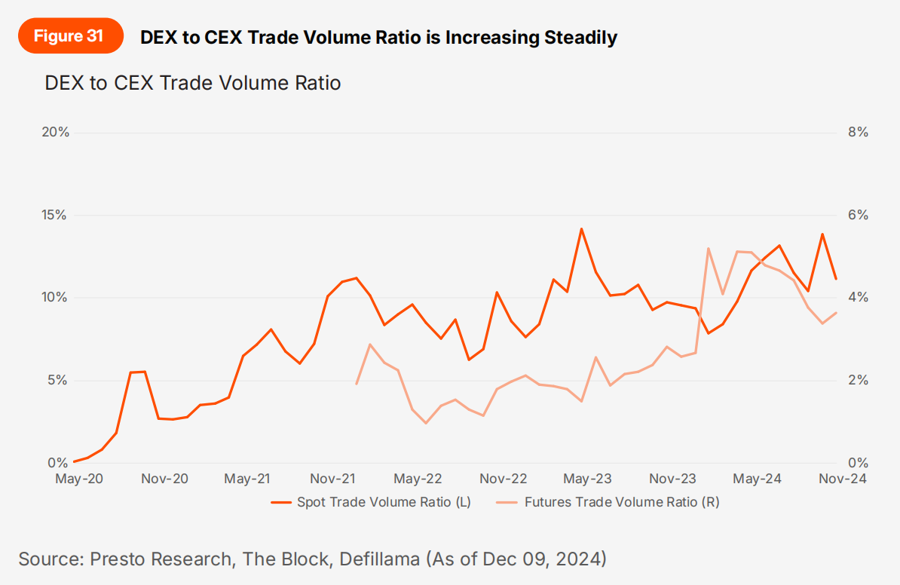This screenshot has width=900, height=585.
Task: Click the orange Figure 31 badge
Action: [70, 36]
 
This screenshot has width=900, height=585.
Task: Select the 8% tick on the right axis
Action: [858, 133]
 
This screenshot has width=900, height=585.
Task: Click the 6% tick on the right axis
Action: [858, 215]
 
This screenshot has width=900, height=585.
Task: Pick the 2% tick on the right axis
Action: [858, 380]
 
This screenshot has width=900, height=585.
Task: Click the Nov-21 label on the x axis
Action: [332, 479]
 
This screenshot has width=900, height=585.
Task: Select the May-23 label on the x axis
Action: [587, 479]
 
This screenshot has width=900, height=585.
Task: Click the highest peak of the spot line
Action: [582, 228]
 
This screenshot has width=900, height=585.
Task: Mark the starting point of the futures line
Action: [357, 384]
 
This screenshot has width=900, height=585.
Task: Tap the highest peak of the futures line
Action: [709, 248]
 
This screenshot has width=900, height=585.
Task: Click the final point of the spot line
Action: [836, 279]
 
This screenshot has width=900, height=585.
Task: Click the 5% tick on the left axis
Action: [60, 380]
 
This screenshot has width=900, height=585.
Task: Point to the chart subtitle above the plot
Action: [193, 82]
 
